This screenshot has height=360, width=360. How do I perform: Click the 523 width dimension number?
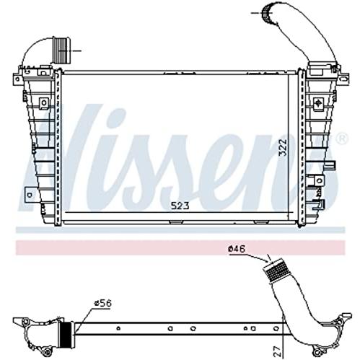(180, 206)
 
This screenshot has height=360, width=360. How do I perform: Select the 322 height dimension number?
(283, 147)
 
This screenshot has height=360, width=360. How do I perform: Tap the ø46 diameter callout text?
(237, 249)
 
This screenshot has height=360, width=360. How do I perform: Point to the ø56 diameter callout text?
(102, 303)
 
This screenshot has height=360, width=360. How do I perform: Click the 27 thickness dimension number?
(278, 351)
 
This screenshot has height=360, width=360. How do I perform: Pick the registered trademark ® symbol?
(343, 139)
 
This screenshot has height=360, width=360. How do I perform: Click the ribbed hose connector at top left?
(61, 50)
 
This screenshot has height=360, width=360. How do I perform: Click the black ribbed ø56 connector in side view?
(65, 334)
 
